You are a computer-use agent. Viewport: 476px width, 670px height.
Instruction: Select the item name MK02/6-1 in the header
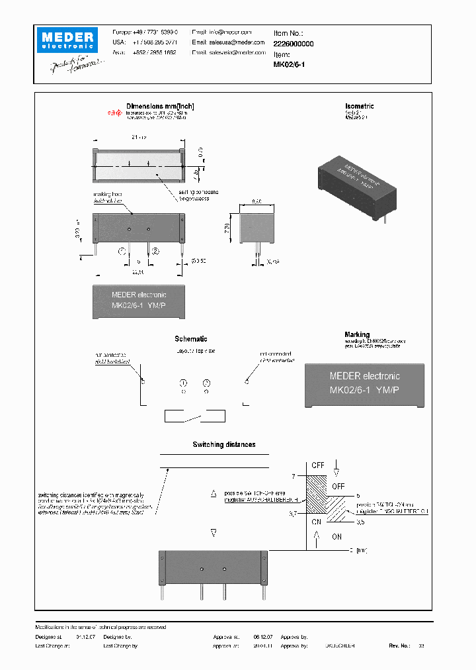coord(289,65)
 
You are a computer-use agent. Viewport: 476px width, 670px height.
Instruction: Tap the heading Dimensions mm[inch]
coord(160,106)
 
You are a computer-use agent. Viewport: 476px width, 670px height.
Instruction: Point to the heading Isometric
coord(359,106)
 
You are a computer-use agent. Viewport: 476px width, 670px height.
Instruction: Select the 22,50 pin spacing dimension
coord(138,271)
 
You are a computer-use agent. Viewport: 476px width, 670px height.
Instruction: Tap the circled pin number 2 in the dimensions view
coord(155,251)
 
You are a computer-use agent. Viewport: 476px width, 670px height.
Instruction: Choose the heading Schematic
coord(191,339)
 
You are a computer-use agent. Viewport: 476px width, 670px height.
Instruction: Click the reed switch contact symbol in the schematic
coord(194,415)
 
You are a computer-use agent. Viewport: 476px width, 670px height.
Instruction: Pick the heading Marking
coord(357,335)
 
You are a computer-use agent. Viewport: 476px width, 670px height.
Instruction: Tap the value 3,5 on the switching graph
coord(360,522)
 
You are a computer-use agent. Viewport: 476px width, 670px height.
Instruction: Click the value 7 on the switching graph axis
coord(293,476)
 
